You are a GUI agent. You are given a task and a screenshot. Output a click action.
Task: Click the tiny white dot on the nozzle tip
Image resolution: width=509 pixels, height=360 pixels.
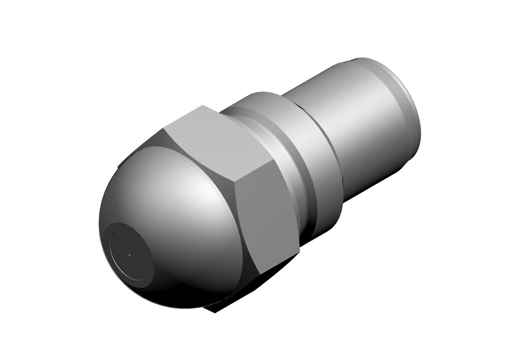129,255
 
